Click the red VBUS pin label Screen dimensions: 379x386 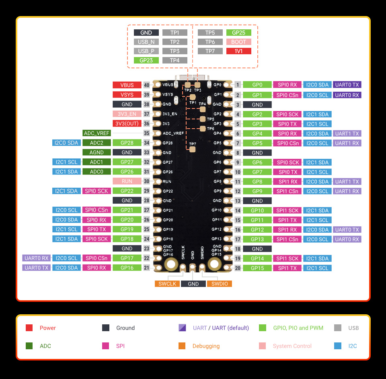click(127, 85)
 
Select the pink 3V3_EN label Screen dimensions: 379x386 click(127, 114)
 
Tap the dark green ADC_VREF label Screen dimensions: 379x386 click(96, 133)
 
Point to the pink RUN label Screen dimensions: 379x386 click(127, 181)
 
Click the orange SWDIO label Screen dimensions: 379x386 click(220, 284)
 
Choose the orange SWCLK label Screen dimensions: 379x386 click(167, 284)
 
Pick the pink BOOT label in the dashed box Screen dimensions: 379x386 click(239, 42)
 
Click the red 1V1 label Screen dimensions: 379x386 click(239, 51)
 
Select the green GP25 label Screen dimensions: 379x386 click(239, 33)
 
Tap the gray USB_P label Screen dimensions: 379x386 click(146, 51)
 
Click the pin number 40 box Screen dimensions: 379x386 click(146, 85)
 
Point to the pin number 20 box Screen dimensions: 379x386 click(238, 268)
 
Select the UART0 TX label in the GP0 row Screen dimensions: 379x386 click(347, 85)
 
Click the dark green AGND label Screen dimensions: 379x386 click(96, 152)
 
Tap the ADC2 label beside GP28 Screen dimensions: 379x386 click(96, 143)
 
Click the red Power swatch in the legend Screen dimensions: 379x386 click(29, 328)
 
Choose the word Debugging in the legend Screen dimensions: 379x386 click(206, 346)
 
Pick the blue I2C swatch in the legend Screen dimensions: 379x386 click(337, 346)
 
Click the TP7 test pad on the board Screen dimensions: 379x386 click(192, 150)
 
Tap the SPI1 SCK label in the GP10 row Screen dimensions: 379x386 click(287, 211)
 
